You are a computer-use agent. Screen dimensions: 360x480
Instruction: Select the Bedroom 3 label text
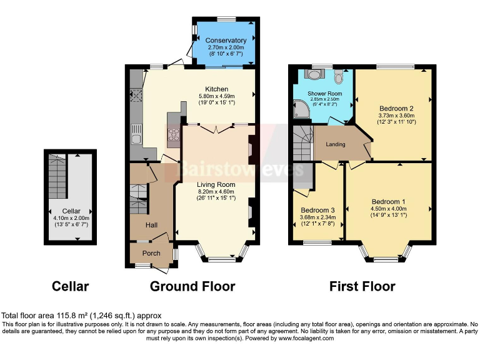[x=317, y=210]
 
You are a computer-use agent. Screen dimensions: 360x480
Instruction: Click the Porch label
[x=151, y=253]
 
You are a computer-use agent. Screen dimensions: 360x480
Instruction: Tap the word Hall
[x=151, y=224]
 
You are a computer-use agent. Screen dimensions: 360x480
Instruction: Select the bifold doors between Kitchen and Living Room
[x=216, y=128]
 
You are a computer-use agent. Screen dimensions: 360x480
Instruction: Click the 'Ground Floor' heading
[x=192, y=287]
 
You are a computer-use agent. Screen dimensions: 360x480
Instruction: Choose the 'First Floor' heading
[x=362, y=287]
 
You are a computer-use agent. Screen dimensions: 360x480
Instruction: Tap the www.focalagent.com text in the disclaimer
[x=302, y=338]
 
